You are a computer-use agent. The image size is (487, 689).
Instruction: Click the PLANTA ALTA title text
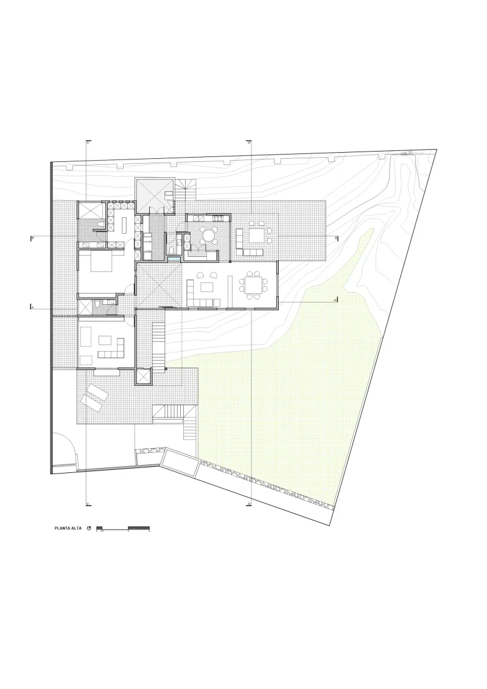pos(68,528)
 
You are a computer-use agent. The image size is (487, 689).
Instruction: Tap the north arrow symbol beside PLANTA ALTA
pos(89,528)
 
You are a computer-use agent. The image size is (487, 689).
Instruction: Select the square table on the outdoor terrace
pos(256,234)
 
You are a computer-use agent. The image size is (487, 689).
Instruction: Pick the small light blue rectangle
pos(175,260)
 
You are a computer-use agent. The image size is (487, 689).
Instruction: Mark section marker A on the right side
pos(335,300)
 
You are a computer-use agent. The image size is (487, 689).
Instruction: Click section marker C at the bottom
pos(88,504)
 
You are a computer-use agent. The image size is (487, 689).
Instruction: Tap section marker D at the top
pos(250,142)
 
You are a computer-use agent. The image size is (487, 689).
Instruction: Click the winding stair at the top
pos(188,190)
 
